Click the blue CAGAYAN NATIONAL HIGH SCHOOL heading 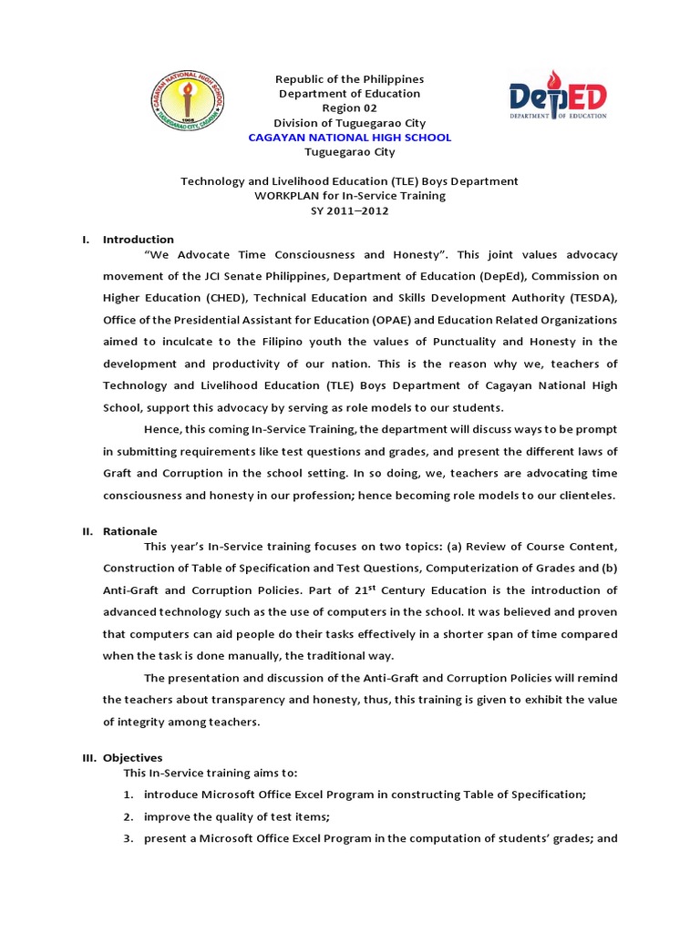[x=350, y=138]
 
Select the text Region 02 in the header [x=350, y=108]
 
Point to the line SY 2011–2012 [x=350, y=210]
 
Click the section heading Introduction [x=138, y=240]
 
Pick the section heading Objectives [x=132, y=757]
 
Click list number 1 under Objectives [x=129, y=795]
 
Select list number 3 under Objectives [x=129, y=838]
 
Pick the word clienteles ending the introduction [x=584, y=495]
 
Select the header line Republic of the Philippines [x=350, y=79]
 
